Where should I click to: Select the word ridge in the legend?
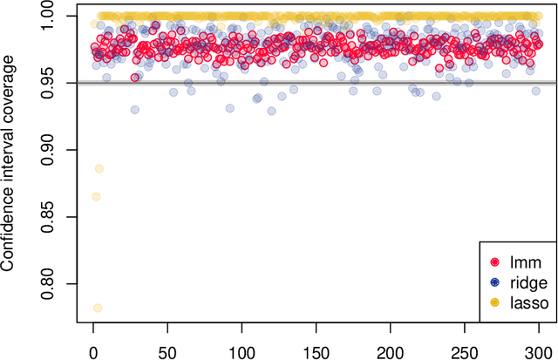(526, 282)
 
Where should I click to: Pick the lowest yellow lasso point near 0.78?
(98, 308)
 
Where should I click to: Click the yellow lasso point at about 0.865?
(96, 197)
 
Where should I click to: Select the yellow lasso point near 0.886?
(99, 168)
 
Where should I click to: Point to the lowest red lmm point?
(135, 77)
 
